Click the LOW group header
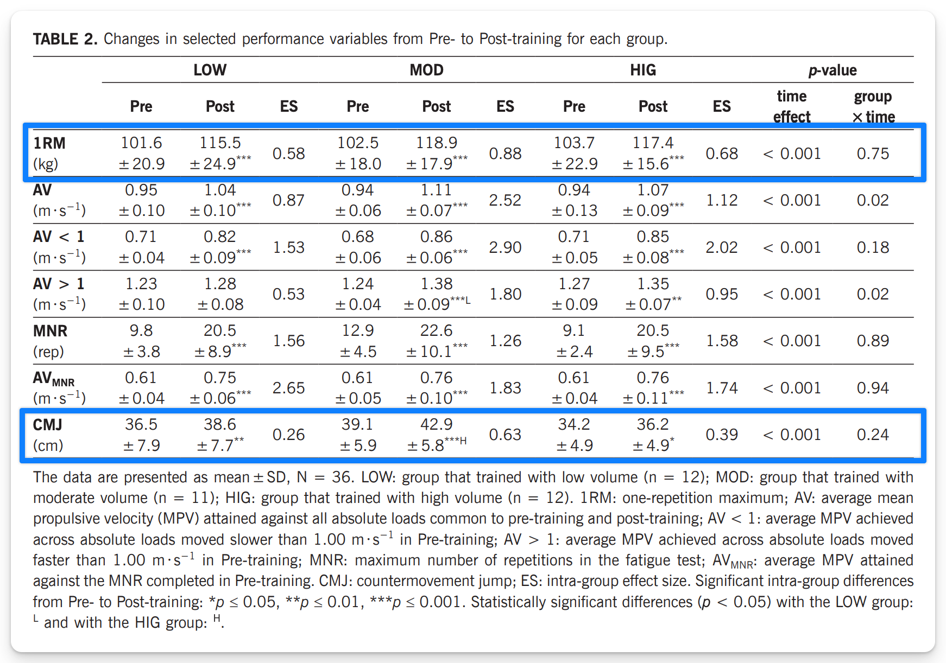(x=210, y=70)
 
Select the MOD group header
(x=426, y=70)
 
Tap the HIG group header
(x=643, y=70)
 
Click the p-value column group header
(x=832, y=71)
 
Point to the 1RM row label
(x=49, y=143)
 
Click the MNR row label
(x=50, y=331)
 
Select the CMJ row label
(x=47, y=424)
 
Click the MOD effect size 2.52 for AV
(x=505, y=200)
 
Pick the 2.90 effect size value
(x=505, y=247)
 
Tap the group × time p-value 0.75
(x=873, y=154)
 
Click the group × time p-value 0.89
(x=873, y=341)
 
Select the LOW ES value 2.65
(x=288, y=388)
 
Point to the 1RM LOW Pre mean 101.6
(x=141, y=143)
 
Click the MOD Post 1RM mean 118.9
(x=437, y=143)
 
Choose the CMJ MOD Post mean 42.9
(x=437, y=424)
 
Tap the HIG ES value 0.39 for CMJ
(x=722, y=435)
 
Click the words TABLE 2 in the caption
(x=65, y=39)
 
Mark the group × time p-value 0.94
(x=873, y=388)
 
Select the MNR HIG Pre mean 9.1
(x=574, y=330)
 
